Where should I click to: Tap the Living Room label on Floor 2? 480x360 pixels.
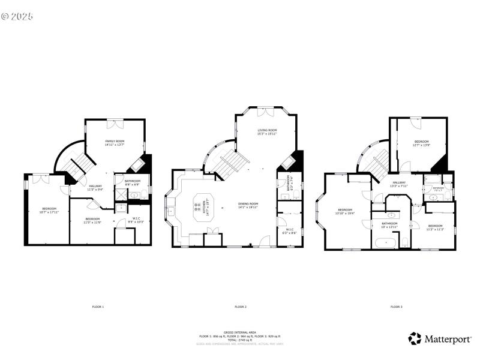(267, 131)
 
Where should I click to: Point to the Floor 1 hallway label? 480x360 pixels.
(95, 187)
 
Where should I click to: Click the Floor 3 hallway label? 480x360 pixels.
(399, 184)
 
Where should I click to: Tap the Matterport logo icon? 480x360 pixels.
(415, 339)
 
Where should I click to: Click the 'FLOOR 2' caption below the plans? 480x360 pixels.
(240, 307)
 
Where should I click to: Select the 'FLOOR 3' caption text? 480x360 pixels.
(396, 307)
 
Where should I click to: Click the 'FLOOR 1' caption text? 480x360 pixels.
(98, 307)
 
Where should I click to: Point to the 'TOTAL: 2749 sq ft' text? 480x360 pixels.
(240, 340)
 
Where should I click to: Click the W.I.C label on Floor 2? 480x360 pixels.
(289, 230)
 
